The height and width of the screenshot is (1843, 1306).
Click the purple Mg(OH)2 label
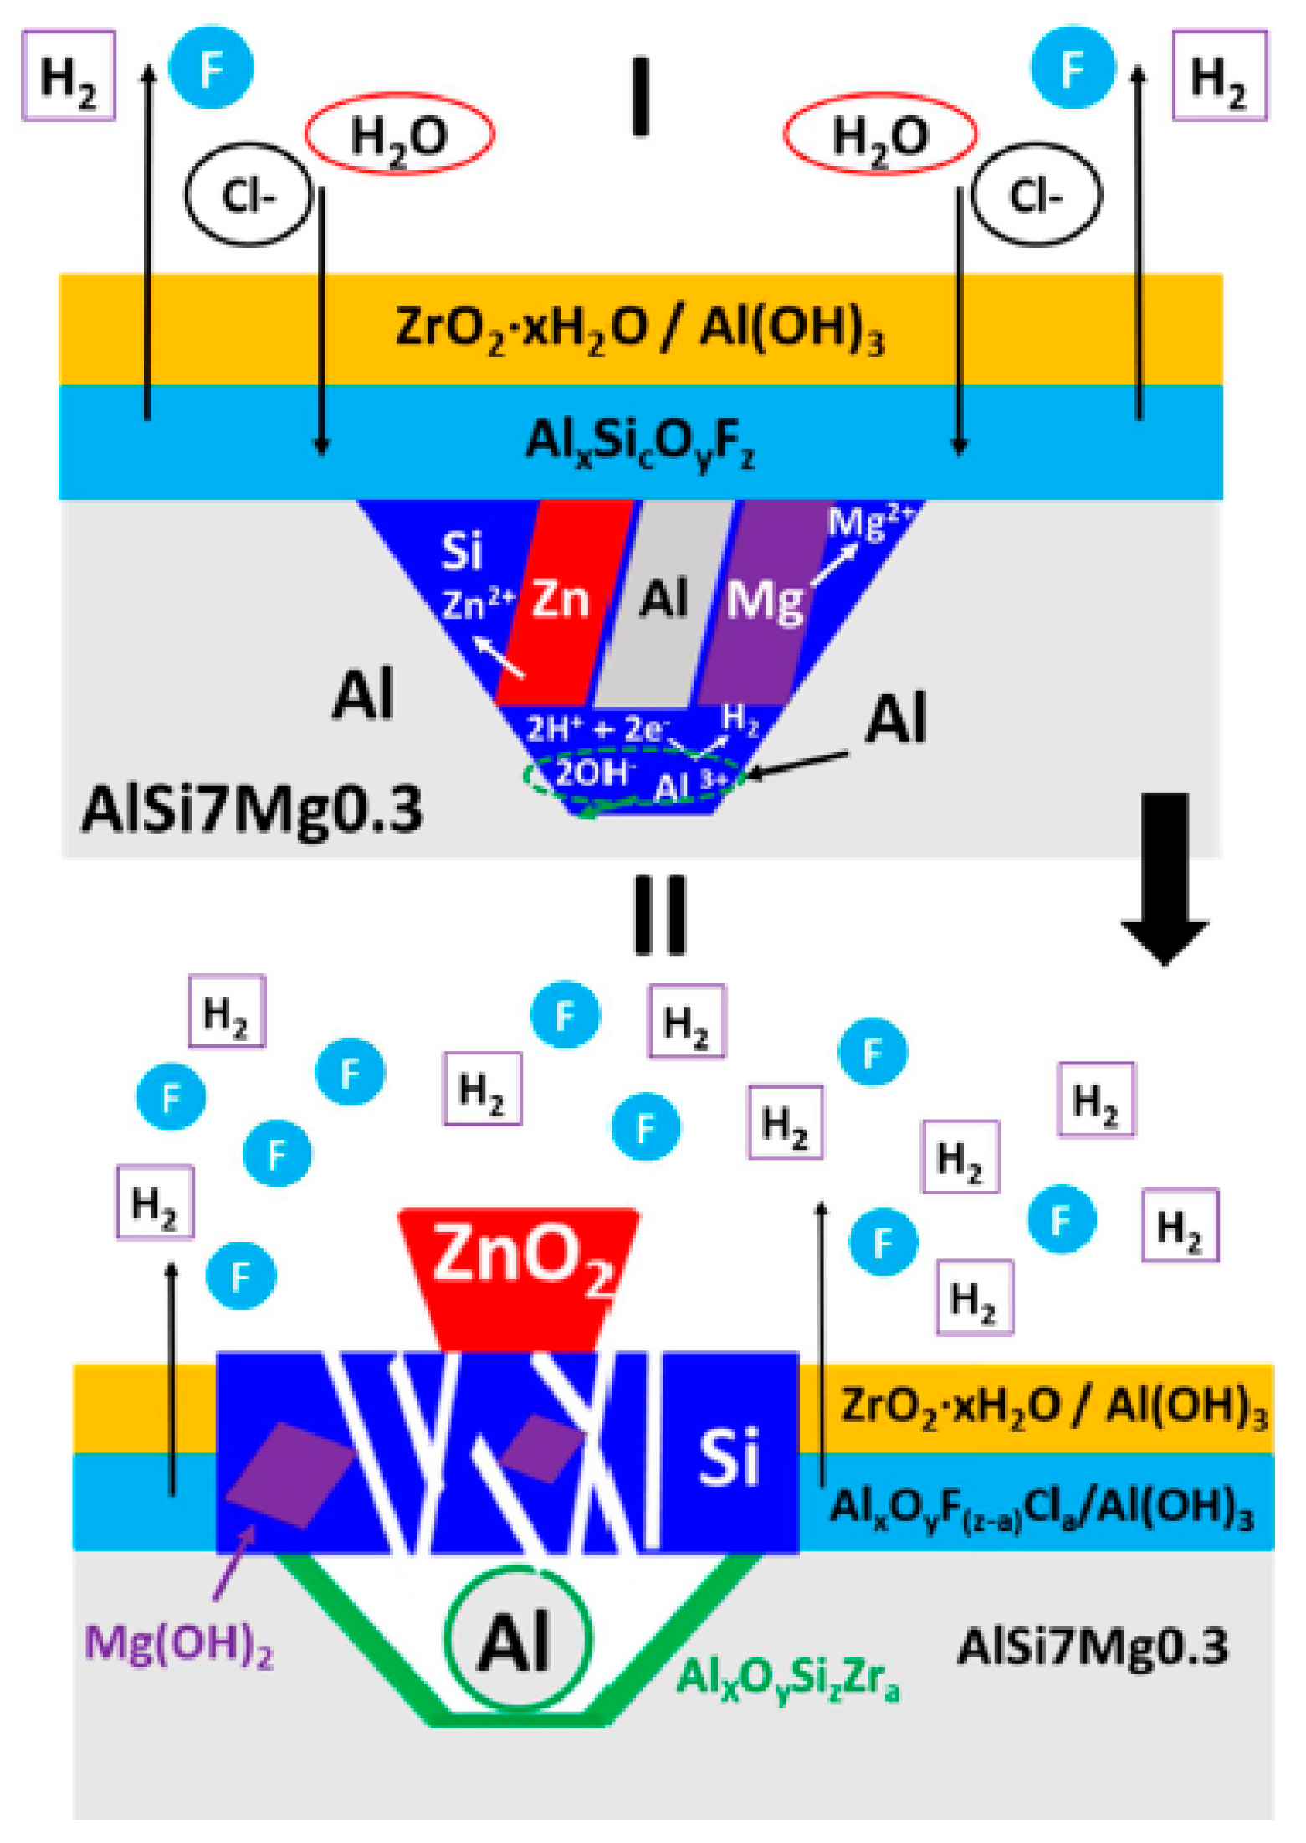click(x=179, y=1643)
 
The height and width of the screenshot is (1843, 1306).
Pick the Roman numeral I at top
click(x=640, y=96)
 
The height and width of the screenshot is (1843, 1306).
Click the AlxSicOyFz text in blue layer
click(x=640, y=443)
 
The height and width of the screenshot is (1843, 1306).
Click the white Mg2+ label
click(x=870, y=523)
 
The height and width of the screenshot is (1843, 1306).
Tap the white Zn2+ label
click(x=478, y=604)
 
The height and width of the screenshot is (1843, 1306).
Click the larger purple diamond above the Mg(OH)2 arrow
click(x=289, y=1475)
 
